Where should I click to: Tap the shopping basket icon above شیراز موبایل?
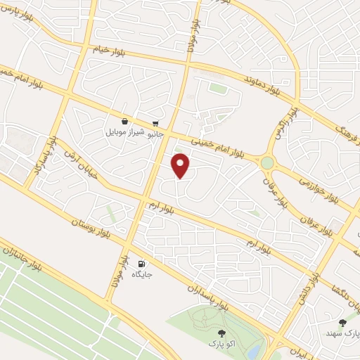[124, 121]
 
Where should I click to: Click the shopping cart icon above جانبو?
[155, 121]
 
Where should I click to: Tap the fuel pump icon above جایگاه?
[142, 263]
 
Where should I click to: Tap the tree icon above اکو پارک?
[221, 333]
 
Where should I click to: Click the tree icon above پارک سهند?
[342, 323]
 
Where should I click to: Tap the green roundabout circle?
[267, 163]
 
